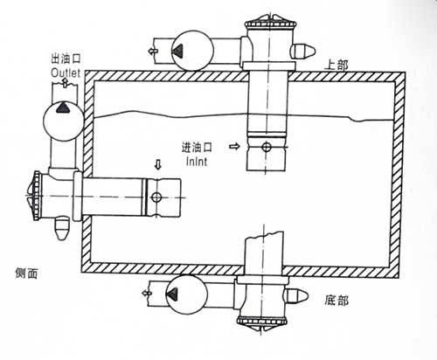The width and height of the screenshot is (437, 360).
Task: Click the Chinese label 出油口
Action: click(66, 59)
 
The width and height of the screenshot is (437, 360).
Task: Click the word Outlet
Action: click(66, 73)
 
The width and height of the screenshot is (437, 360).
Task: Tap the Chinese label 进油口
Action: click(197, 147)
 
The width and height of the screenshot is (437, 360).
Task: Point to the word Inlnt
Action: click(197, 162)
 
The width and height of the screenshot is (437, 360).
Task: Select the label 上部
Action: click(336, 66)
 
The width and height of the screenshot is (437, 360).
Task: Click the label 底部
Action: click(336, 301)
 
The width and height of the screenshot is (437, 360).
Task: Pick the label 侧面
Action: click(26, 273)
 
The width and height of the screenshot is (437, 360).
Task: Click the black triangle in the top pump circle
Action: click(177, 50)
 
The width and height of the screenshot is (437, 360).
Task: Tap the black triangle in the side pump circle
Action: click(63, 107)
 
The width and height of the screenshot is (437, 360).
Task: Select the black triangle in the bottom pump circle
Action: click(172, 294)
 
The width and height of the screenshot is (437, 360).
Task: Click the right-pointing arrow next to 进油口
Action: click(234, 146)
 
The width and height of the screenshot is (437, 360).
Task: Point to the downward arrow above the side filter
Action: click(158, 164)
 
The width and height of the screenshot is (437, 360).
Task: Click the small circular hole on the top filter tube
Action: click(266, 147)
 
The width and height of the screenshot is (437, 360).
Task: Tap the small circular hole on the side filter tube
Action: click(156, 197)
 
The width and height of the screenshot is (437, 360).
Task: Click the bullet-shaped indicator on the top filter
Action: click(303, 51)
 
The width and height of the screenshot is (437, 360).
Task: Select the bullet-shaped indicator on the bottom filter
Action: click(296, 296)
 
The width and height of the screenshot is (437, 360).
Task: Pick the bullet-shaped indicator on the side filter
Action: click(62, 228)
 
